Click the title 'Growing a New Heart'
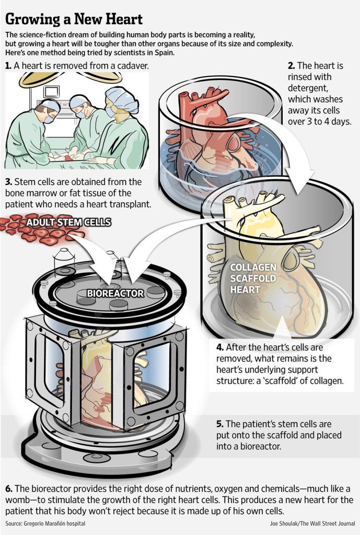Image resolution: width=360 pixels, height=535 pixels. point(74,19)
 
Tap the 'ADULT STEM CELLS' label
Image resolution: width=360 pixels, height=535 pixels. point(68,223)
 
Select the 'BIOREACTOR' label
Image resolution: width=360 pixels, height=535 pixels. point(115,293)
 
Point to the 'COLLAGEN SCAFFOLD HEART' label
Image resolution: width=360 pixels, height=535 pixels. point(252,278)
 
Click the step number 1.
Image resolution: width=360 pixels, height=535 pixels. point(8,65)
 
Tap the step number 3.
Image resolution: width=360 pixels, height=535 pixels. point(8,182)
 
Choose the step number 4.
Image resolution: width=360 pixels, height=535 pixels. point(220,347)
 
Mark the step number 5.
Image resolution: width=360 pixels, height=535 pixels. point(220,424)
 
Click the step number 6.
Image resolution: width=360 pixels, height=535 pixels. point(9,489)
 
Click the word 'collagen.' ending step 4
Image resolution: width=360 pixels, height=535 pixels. point(327,380)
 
